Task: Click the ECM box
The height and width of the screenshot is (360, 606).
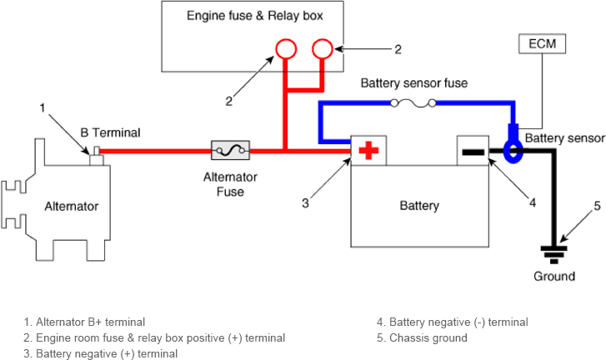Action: [x=542, y=43]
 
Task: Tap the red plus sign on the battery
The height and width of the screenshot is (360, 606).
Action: [x=368, y=151]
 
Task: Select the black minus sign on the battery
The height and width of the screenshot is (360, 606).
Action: [x=473, y=152]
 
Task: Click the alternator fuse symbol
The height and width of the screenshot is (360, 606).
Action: [x=230, y=150]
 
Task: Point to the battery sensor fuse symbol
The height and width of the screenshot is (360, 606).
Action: [x=413, y=103]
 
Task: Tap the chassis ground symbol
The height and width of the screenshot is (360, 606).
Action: [x=553, y=255]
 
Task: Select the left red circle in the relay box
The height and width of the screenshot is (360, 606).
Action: [x=286, y=49]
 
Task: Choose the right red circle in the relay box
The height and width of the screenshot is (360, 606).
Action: [x=323, y=49]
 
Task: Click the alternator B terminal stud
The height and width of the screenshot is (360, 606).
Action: [x=96, y=156]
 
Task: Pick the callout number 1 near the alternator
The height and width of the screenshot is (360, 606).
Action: [x=43, y=107]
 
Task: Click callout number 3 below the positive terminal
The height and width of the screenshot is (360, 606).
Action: [x=305, y=203]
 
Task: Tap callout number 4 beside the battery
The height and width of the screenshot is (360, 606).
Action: [x=533, y=202]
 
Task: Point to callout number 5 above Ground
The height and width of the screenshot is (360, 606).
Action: [x=597, y=206]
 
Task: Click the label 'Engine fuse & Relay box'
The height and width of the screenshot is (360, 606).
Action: [x=255, y=16]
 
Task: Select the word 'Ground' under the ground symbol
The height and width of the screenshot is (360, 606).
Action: [x=554, y=276]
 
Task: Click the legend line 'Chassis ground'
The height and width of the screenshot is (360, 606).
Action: [x=422, y=338]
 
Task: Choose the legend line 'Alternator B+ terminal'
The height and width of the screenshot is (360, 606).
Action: [x=84, y=322]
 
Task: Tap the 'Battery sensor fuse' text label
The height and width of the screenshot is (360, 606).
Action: [x=414, y=83]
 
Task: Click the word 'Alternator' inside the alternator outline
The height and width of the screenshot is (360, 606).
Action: [x=72, y=207]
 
